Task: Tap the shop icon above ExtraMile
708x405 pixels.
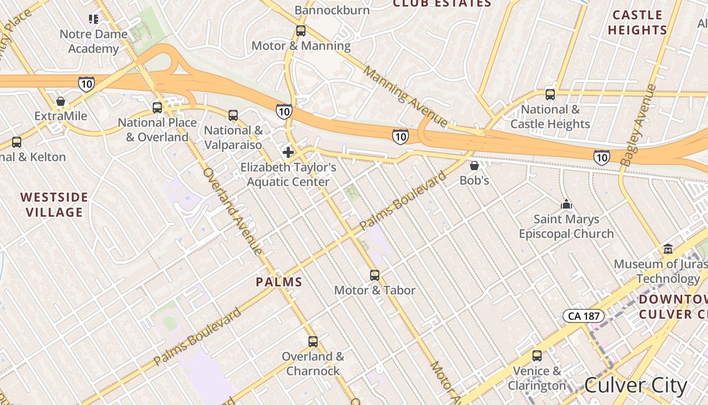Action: coord(61,101)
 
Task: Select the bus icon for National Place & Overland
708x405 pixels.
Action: coord(157,107)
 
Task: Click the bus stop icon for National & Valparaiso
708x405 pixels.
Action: coord(233,115)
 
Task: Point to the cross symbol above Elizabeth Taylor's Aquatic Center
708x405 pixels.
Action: coord(288,152)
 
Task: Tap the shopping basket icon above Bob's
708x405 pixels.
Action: coord(474,166)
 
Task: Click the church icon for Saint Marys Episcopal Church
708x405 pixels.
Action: coord(566,204)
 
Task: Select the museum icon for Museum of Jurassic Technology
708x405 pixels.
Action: coord(668,249)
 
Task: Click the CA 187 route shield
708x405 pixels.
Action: coord(584,316)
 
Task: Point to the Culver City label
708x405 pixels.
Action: coord(636,386)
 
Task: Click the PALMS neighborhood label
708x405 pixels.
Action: coord(279,282)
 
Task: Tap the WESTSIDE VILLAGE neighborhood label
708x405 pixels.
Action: coord(54,205)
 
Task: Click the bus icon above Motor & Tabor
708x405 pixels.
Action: coord(375,275)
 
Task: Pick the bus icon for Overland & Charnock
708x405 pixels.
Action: coord(313,342)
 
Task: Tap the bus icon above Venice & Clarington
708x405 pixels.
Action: coord(537,356)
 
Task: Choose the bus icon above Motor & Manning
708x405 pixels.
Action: coord(301,31)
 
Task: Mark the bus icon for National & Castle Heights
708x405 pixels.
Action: coord(550,95)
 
